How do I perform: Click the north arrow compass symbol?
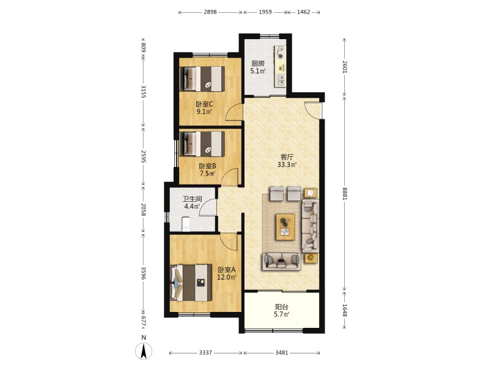coord(144,351)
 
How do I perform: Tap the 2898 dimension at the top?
coord(210,12)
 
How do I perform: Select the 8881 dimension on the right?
coord(344,193)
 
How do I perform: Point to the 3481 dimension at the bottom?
coord(282,353)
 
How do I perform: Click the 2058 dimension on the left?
coord(144,210)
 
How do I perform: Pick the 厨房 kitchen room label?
coord(258,64)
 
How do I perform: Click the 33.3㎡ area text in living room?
coord(287,165)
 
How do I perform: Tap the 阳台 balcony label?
coord(282,307)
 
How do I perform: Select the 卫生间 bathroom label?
coord(192,199)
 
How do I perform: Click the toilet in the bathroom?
coord(186,224)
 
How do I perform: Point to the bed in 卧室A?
coord(191,283)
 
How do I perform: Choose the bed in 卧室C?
coord(202,79)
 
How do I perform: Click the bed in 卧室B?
coord(202,144)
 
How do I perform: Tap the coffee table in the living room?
coord(285,227)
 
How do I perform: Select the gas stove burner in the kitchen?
coord(281,53)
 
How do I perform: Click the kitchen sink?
coord(281,80)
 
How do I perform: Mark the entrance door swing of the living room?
coord(313,110)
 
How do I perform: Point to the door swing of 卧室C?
coord(234,112)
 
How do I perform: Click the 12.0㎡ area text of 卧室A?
coord(227,277)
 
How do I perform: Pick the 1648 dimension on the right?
coord(344,311)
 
